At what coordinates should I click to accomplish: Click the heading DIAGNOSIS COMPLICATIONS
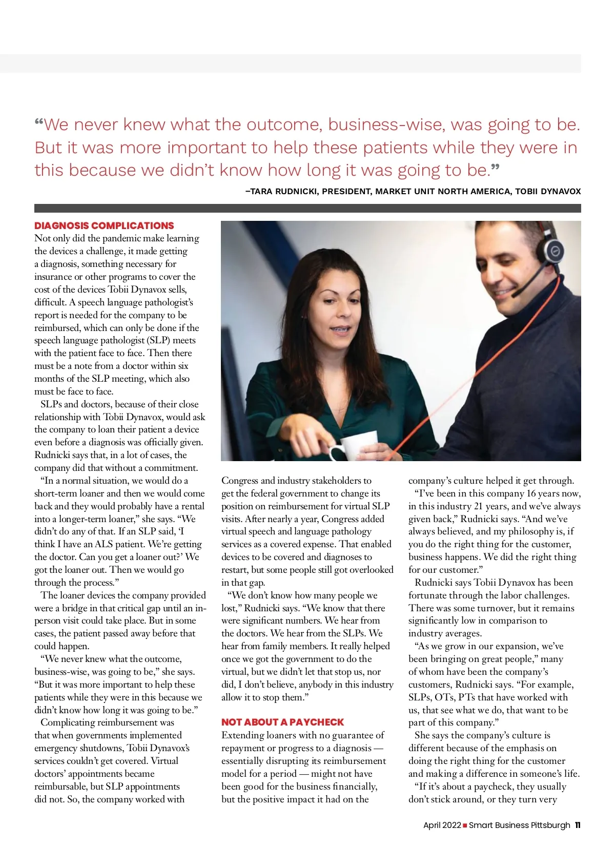pos(104,225)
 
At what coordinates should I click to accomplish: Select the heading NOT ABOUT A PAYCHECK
pos(282,722)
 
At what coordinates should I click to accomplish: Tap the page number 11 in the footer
pos(578,825)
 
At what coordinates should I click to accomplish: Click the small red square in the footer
pos(465,825)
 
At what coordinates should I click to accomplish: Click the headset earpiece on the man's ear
pos(553,251)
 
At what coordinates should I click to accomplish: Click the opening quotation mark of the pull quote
pos(39,123)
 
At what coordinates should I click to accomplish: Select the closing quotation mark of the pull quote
pos(495,168)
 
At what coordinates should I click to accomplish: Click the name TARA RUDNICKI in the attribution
pos(285,192)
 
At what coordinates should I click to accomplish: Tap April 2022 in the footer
pos(442,825)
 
